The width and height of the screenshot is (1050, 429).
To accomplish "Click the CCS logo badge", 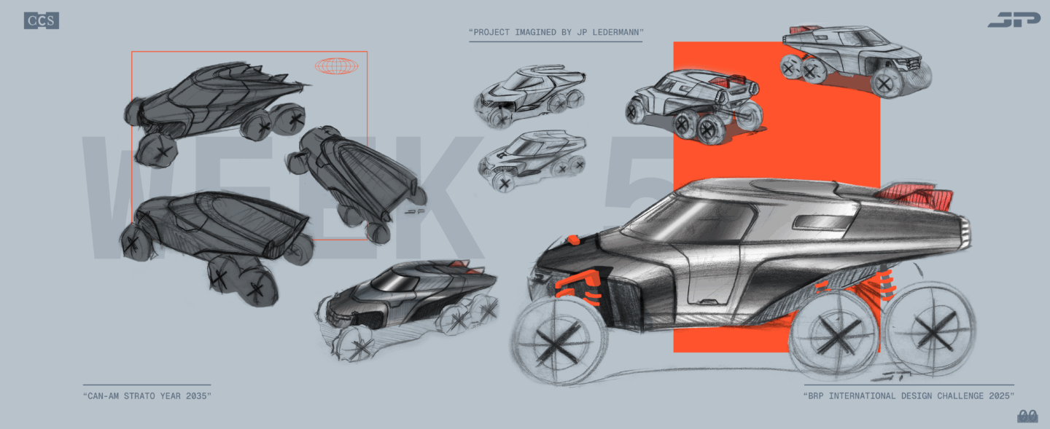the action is (x=42, y=20).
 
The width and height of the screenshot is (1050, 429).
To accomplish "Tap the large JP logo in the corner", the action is (x=1014, y=20).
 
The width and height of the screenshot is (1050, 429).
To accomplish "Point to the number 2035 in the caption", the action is (x=196, y=396).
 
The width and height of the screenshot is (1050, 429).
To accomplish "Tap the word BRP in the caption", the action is (x=816, y=396).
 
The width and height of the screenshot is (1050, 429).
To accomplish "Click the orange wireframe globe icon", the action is (x=337, y=66).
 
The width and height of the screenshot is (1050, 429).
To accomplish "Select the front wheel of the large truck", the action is (x=559, y=340).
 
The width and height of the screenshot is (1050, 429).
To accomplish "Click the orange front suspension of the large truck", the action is (x=579, y=286).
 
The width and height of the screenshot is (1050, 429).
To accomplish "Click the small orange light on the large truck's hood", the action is (x=573, y=240).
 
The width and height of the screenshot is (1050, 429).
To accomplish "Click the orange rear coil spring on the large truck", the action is (x=886, y=285).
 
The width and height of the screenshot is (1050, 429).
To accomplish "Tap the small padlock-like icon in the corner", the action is (x=1027, y=416).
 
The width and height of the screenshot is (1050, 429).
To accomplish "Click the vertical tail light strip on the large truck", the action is (x=965, y=232).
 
